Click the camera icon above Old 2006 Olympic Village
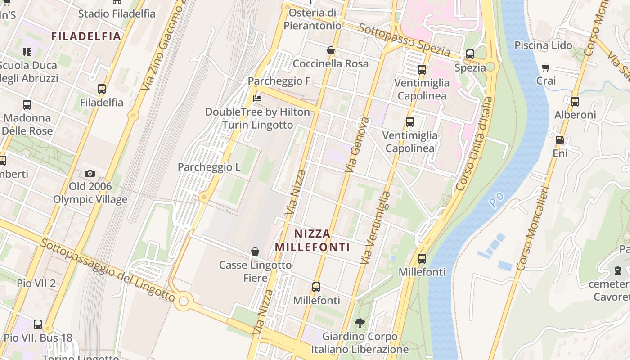coord(90,173)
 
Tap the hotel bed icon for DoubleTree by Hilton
coord(257,98)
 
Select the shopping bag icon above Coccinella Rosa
coord(331,50)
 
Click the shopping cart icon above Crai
coord(546,68)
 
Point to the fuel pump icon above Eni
coord(560,140)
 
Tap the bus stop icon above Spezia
coord(470,54)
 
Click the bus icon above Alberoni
coord(575,102)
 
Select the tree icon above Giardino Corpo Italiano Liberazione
coord(360,323)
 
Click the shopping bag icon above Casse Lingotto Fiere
coord(255,252)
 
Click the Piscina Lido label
coord(543,45)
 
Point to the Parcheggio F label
coord(279,81)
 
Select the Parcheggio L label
coord(209,167)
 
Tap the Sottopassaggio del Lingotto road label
coord(108,270)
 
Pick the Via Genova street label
coord(357,145)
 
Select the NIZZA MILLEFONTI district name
coord(312,240)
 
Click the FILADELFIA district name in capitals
coord(86,36)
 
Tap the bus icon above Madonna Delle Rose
coord(27,105)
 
